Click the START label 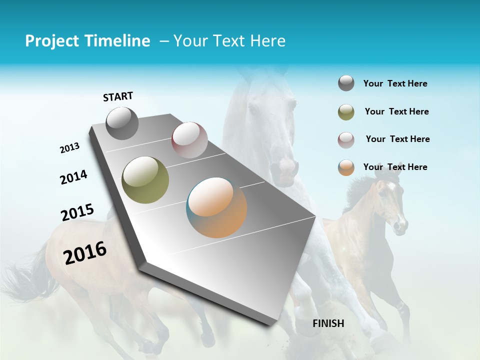[x=118, y=96]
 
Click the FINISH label [x=328, y=323]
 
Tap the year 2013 [x=69, y=148]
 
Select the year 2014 [x=73, y=177]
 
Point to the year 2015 [x=77, y=212]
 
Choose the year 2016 [x=85, y=252]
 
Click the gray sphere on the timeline [x=122, y=123]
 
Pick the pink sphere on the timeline [x=189, y=140]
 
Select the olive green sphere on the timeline [x=145, y=179]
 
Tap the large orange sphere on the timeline [x=216, y=207]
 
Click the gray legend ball [x=346, y=83]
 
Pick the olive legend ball [x=346, y=112]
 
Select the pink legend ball [x=346, y=139]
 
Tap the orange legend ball [x=346, y=167]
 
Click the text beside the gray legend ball [x=395, y=83]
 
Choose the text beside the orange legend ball [x=395, y=167]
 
